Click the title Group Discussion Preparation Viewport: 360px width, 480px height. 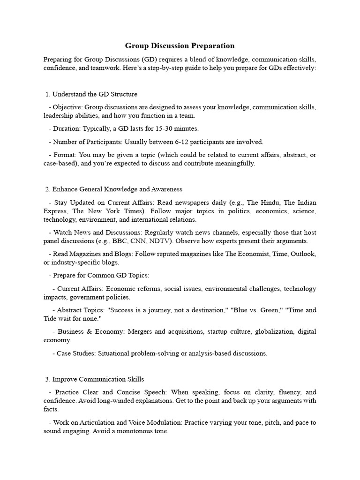(180, 46)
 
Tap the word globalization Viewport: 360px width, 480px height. (273, 331)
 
